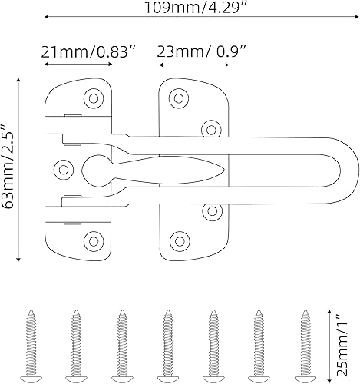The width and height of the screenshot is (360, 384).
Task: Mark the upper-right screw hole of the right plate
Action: click(206, 125)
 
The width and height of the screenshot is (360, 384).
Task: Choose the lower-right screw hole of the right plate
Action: click(206, 209)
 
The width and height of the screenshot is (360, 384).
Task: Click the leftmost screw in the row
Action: click(31, 338)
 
